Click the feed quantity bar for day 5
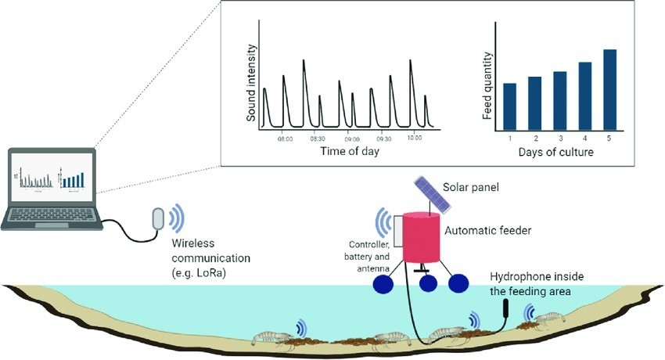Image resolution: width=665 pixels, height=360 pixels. click(x=609, y=90)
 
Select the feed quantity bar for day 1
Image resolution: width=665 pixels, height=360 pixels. click(x=510, y=107)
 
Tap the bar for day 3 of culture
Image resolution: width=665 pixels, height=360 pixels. click(x=560, y=101)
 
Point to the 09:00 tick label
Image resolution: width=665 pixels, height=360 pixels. click(x=351, y=139)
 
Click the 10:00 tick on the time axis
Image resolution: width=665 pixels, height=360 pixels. click(x=415, y=138)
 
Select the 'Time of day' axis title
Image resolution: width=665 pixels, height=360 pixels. click(x=350, y=151)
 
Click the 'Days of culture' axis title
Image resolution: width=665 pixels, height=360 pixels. click(x=555, y=152)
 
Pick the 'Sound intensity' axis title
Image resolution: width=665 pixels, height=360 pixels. click(x=251, y=83)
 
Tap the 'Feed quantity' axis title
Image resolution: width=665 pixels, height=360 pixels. click(x=487, y=85)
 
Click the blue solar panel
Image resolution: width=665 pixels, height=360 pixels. click(x=433, y=195)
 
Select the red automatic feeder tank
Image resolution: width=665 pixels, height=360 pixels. click(x=421, y=237)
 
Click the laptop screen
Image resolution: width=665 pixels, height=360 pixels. click(x=52, y=177)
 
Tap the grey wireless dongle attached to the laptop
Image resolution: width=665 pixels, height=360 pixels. click(x=158, y=219)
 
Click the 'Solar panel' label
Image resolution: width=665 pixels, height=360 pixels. click(x=471, y=187)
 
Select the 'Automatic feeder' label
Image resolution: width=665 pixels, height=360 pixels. click(x=487, y=231)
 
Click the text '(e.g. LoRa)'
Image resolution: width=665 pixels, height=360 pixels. click(x=199, y=273)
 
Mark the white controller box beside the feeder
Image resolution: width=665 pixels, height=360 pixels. click(x=397, y=231)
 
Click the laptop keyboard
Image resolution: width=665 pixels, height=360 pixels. click(x=52, y=214)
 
